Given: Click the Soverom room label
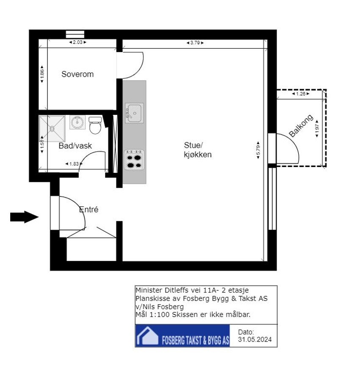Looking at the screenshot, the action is tap(78, 74).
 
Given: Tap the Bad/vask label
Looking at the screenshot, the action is tap(75, 146).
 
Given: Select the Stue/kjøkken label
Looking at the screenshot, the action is tap(197, 150).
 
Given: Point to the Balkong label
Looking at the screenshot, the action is tap(301, 125).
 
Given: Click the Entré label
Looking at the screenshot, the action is tap(89, 209).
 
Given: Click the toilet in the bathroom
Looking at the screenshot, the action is tap(95, 125).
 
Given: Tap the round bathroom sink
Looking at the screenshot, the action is tap(78, 122).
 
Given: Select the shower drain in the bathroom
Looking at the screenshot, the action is tap(52, 128).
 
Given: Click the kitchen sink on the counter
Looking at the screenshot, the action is tap(134, 113).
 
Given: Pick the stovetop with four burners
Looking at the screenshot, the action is tap(134, 160).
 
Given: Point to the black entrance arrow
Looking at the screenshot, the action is tap(24, 217).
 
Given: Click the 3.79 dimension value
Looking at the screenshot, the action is tap(195, 43).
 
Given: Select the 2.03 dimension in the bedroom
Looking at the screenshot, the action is tap(78, 42).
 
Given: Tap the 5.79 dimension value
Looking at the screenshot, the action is tap(258, 150).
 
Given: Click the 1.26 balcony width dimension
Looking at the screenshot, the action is tap(301, 94).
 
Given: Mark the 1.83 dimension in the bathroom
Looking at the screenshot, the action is tap(74, 164).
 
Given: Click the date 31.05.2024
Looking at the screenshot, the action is tap(255, 339).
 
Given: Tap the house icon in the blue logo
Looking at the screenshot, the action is tap(147, 336).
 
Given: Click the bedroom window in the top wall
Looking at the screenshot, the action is tap(75, 34).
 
